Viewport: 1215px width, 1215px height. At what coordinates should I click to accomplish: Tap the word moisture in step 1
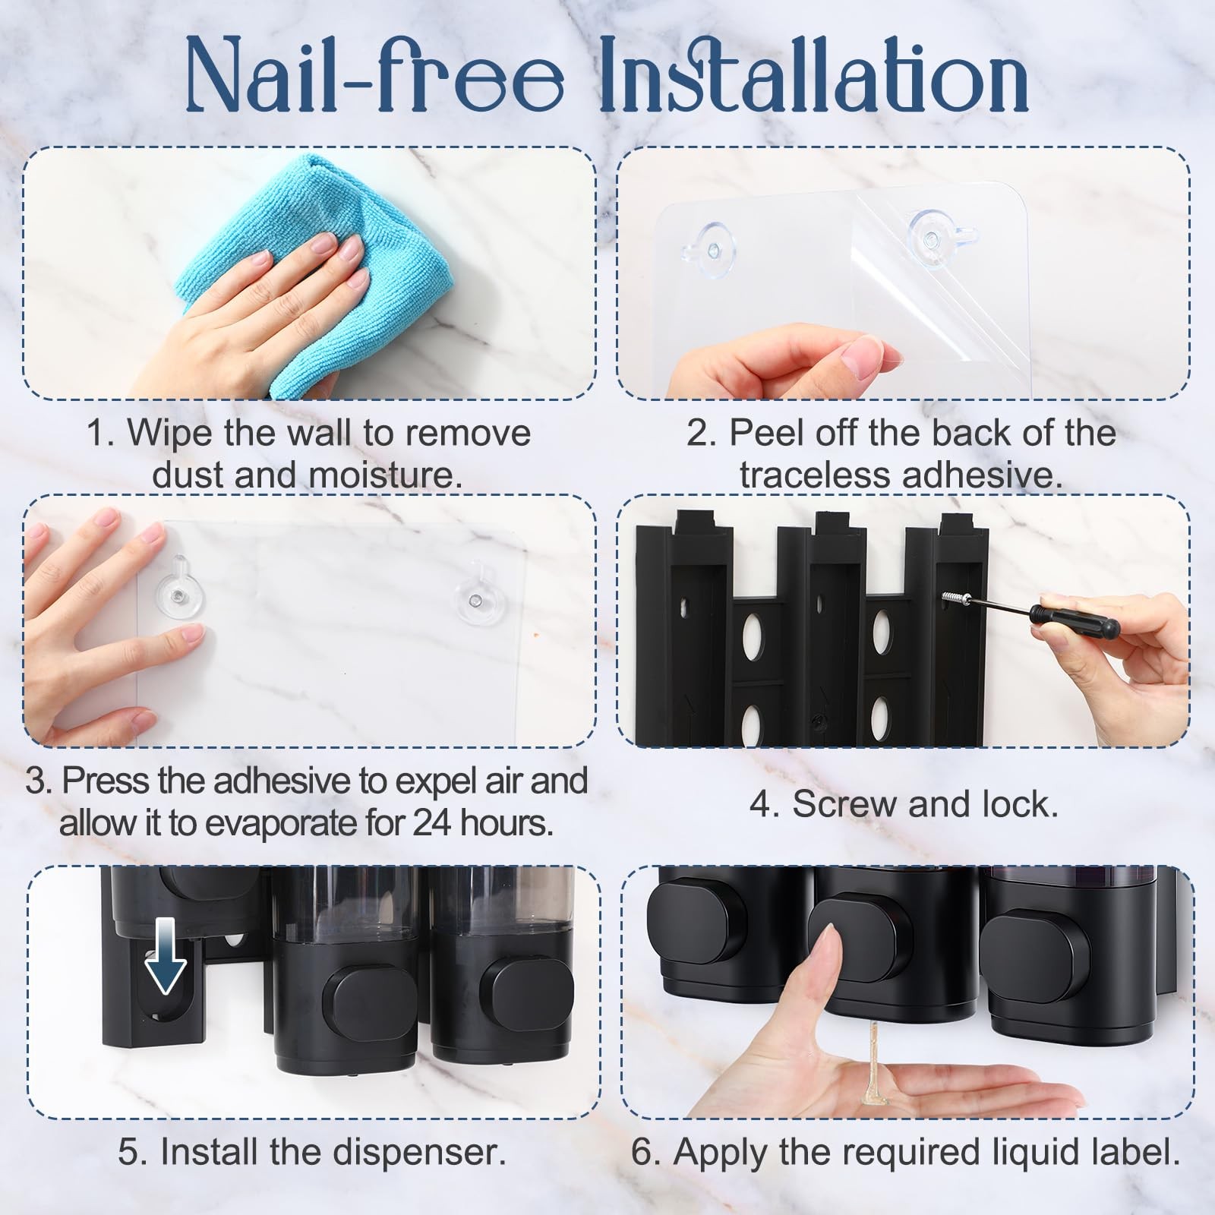pyautogui.click(x=385, y=476)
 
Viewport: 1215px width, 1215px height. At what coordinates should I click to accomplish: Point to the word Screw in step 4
pyautogui.click(x=844, y=805)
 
